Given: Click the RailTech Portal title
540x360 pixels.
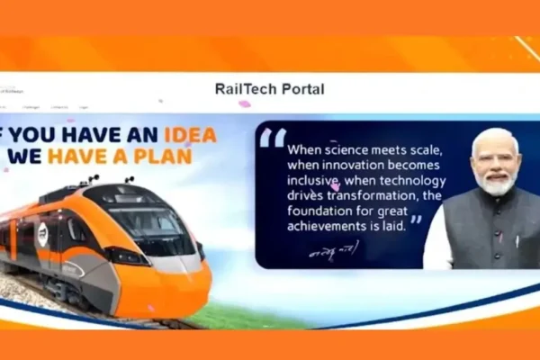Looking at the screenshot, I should tap(270, 89).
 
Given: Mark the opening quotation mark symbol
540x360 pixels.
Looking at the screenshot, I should tap(273, 138).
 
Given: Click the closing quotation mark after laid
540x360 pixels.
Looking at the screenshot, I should tap(416, 220).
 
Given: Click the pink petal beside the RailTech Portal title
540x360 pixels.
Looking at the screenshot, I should tap(244, 103).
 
